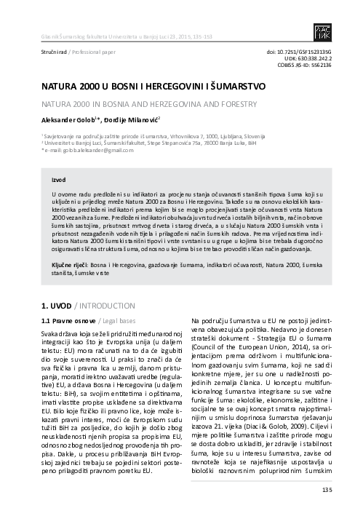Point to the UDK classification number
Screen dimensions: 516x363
(x=318, y=58)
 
